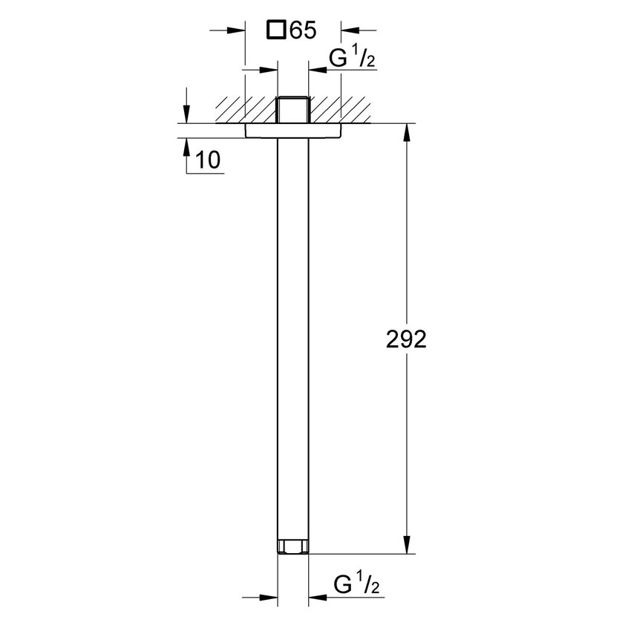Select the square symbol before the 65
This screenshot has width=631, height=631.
coord(276,30)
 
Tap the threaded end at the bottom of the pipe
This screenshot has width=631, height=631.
coord(293,548)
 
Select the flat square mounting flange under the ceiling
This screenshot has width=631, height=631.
coord(293,131)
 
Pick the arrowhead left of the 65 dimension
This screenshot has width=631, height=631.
coord(237,30)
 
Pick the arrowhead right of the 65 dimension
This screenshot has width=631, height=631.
coord(349,30)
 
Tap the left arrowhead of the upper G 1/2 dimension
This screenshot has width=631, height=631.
coord(268,71)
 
